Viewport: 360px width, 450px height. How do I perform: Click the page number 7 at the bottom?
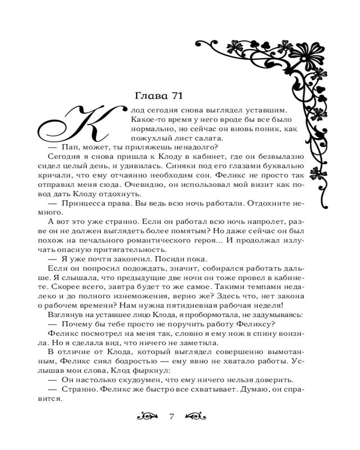coord(171,416)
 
